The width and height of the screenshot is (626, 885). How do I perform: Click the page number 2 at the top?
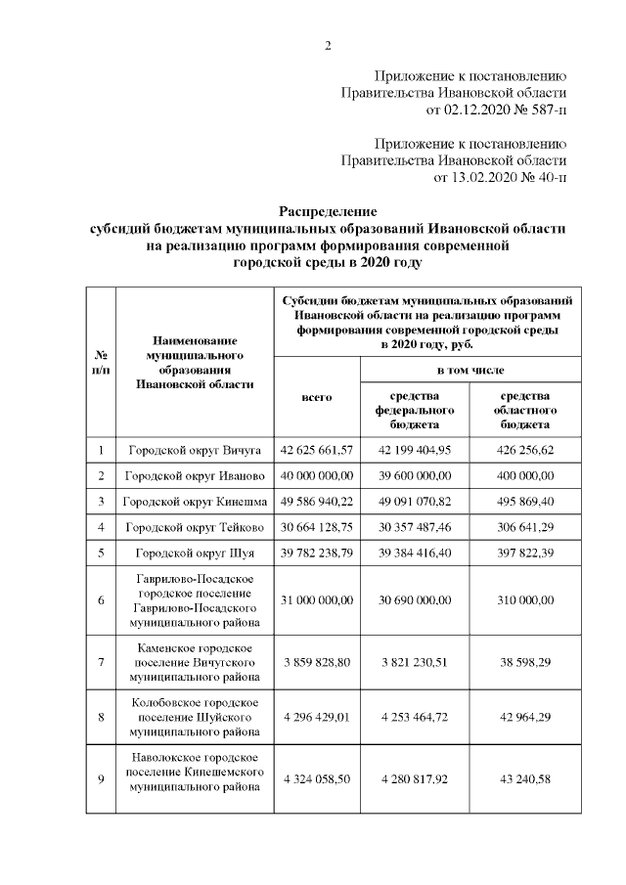328,44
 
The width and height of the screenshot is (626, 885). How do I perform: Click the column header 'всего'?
316,397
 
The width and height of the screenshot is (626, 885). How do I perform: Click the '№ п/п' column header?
101,363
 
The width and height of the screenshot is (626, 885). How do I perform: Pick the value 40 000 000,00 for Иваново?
316,475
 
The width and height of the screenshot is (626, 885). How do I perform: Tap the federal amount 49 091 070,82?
415,502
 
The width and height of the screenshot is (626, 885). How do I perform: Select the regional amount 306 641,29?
525,527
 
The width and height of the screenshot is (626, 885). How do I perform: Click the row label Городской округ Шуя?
195,553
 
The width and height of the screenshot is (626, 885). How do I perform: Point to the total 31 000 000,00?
316,598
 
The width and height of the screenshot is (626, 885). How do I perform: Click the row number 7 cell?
101,662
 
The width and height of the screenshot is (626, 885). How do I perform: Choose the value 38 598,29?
525,662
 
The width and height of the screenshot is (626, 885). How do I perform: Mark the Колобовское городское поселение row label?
195,717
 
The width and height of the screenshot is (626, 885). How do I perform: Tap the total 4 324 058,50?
316,778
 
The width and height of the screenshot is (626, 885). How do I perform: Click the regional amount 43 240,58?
525,778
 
